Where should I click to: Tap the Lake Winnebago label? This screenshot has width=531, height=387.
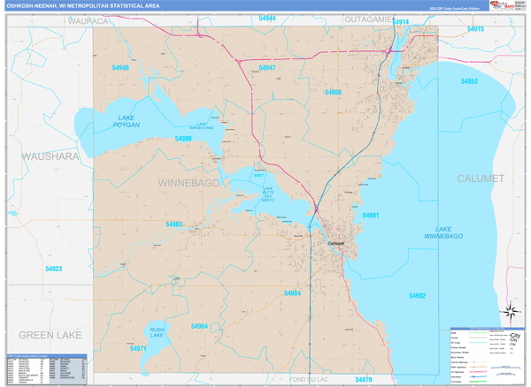(x=449, y=232)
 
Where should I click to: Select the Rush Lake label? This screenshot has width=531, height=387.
(x=156, y=332)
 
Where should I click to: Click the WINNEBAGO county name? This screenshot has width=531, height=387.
(x=188, y=182)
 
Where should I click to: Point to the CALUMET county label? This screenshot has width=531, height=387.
(x=481, y=178)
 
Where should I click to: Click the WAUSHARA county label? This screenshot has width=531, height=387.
(x=42, y=156)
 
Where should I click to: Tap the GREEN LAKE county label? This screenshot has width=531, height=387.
(x=50, y=335)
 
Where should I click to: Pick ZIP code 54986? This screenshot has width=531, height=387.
(x=183, y=139)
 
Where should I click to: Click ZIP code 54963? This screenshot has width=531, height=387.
(x=173, y=224)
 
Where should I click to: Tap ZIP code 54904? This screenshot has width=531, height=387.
(x=293, y=293)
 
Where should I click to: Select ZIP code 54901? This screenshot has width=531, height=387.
(x=371, y=215)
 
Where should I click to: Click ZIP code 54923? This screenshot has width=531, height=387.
(x=54, y=269)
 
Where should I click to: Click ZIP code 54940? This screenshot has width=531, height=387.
(x=120, y=68)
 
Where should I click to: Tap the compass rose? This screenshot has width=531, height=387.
(x=512, y=311)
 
